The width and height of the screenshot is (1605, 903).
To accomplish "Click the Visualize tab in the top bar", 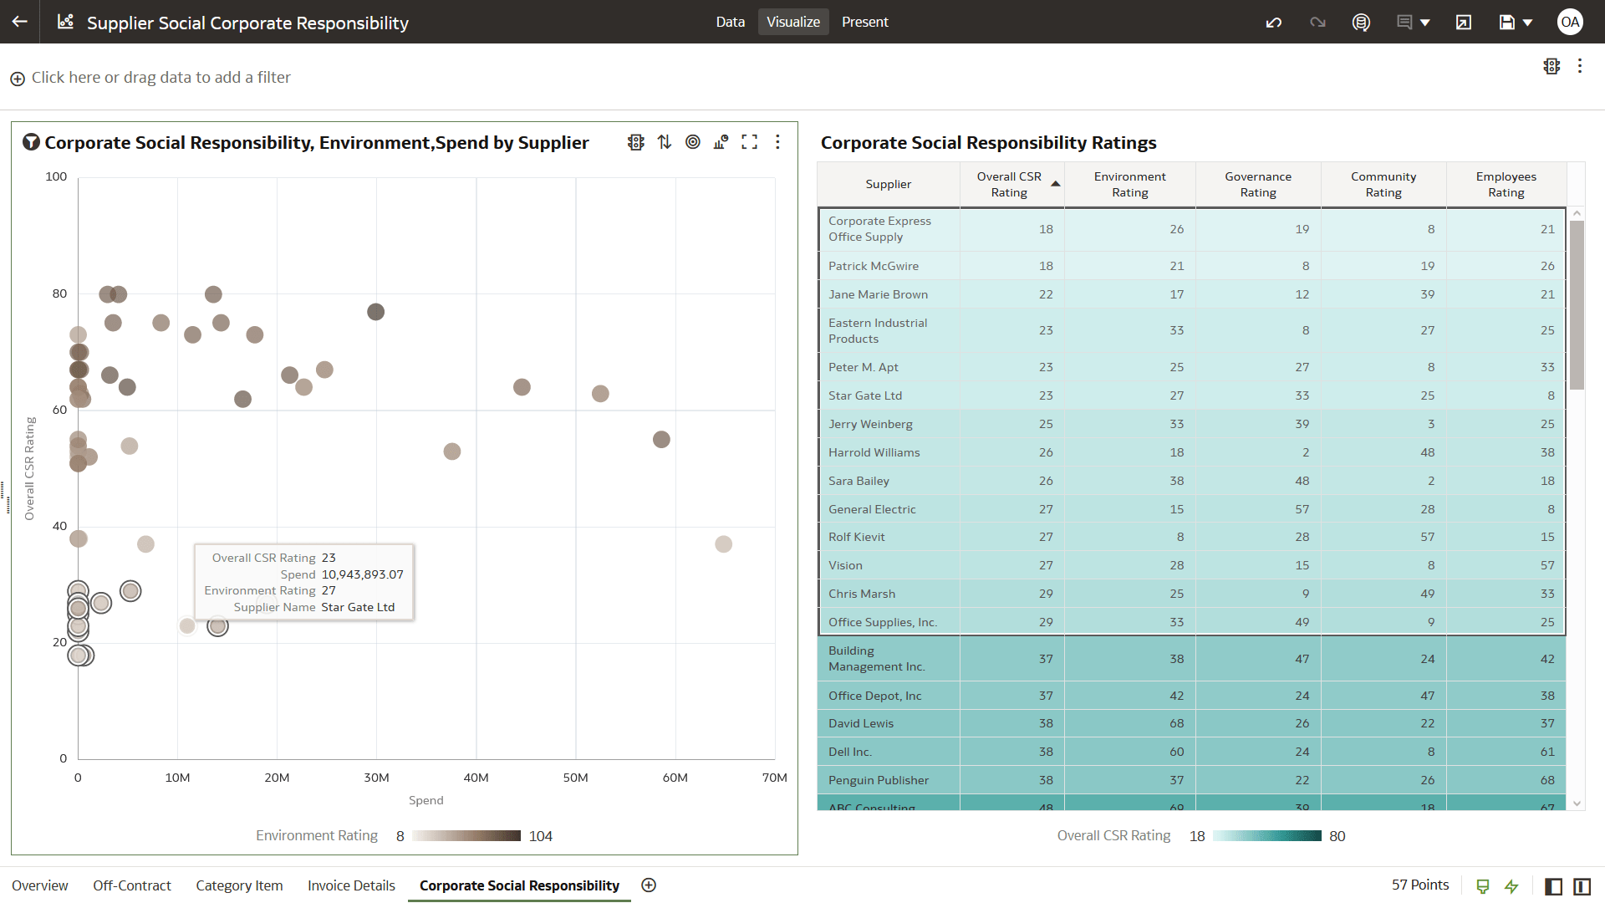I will point(792,22).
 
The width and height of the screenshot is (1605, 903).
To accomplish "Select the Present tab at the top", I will point(864,22).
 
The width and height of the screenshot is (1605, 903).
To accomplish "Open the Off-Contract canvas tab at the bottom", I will point(132,885).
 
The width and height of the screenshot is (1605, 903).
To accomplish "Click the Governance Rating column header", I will point(1257,184).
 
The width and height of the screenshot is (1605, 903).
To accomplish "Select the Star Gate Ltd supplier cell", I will point(865,395).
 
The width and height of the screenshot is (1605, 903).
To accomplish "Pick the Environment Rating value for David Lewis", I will point(1176,723).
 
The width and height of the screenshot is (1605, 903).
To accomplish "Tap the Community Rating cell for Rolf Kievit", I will point(1427,537).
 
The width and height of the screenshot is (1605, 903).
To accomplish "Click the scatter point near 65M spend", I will point(723,544).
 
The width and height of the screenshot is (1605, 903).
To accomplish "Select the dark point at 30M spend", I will point(375,312).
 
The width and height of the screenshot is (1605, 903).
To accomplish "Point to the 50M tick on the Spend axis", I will point(575,778).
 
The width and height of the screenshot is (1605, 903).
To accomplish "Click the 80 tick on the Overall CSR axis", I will point(59,293).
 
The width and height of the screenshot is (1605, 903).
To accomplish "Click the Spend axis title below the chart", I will point(425,800).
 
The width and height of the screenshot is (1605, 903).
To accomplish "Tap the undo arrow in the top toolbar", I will point(1273,23).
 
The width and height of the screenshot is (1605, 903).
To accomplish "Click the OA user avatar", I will point(1569,22).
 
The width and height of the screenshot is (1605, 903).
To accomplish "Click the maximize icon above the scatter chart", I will point(749,142).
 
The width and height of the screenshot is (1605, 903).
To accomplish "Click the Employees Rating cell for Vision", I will point(1547,565).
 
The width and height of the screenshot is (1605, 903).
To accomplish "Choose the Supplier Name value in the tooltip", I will point(358,607).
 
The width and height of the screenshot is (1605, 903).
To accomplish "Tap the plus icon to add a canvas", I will point(649,885).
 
